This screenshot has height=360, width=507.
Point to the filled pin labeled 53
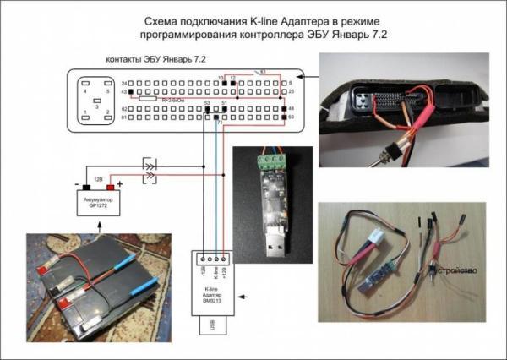[x=208, y=110]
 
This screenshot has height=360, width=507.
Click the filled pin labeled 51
[x=224, y=110]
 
